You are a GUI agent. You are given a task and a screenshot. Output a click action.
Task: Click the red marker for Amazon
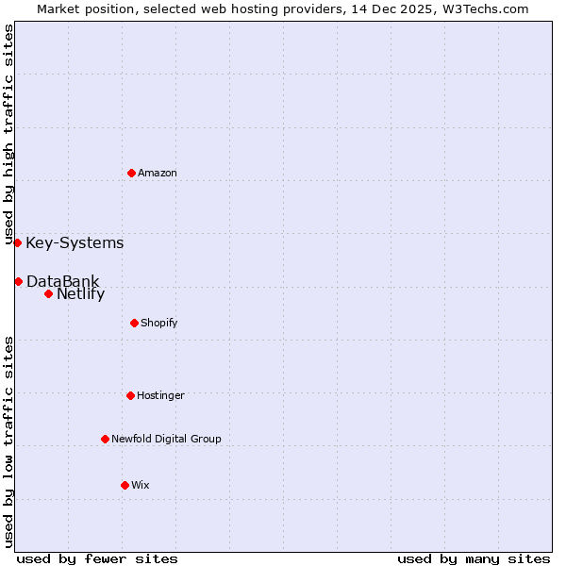click(x=131, y=173)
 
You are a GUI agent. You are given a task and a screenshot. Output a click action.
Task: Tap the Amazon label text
click(x=158, y=173)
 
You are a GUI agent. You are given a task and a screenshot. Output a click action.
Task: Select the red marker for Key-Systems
click(x=17, y=242)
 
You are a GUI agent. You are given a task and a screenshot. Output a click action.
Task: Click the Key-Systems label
click(x=75, y=243)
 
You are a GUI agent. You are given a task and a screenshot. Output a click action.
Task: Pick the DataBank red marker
click(x=18, y=281)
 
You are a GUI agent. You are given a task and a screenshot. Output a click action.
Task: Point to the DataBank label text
click(x=62, y=281)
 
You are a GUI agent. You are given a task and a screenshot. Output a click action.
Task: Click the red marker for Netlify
click(x=48, y=293)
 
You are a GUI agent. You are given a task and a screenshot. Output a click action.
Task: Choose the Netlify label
click(x=80, y=293)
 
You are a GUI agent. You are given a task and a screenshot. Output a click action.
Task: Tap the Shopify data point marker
click(x=134, y=323)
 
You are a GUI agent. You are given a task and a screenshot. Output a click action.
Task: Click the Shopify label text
click(x=158, y=323)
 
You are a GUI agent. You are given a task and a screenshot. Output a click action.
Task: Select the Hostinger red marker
click(x=130, y=395)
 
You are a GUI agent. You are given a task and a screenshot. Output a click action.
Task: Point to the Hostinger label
click(x=160, y=395)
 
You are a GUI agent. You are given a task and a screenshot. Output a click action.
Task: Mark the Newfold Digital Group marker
click(x=105, y=439)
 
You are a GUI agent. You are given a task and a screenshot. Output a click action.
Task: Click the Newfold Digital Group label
click(x=166, y=439)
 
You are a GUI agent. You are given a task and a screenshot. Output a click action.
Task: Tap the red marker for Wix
click(x=125, y=485)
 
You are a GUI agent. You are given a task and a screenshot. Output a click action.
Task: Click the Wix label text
click(x=140, y=485)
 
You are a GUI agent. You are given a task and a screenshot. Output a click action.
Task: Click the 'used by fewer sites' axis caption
click(x=97, y=558)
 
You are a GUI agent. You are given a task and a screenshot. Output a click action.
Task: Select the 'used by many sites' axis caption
click(x=474, y=558)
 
